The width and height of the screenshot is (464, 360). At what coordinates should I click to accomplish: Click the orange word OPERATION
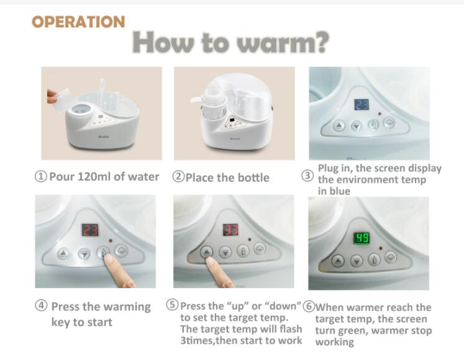pos(78,22)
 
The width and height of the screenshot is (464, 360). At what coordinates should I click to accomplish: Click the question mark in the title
pos(321,43)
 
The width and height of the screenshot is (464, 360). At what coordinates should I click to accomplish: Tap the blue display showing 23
pos(362,104)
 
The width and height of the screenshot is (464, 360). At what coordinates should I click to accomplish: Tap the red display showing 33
pos(230,230)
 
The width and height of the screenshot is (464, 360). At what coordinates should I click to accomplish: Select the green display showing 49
pos(362,238)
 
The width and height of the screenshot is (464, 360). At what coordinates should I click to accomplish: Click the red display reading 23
pos(90,230)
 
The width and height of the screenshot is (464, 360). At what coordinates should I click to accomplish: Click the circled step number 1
pos(41,177)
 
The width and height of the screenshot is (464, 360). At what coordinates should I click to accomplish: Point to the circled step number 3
pos(307,176)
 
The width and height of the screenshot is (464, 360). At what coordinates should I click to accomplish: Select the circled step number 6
pos(309,307)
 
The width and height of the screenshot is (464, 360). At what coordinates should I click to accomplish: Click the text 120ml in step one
pos(94,177)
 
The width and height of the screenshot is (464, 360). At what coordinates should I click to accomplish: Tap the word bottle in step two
pos(253,178)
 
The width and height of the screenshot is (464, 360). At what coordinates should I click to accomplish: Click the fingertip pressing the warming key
pos(107,259)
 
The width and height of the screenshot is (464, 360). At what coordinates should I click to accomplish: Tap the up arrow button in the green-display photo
pos(338,261)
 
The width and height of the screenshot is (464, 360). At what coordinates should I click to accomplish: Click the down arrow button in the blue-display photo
pos(357,127)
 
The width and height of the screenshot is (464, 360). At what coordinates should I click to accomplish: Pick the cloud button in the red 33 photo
pos(260,248)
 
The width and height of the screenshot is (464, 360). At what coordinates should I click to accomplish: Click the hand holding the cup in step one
pos(52,96)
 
